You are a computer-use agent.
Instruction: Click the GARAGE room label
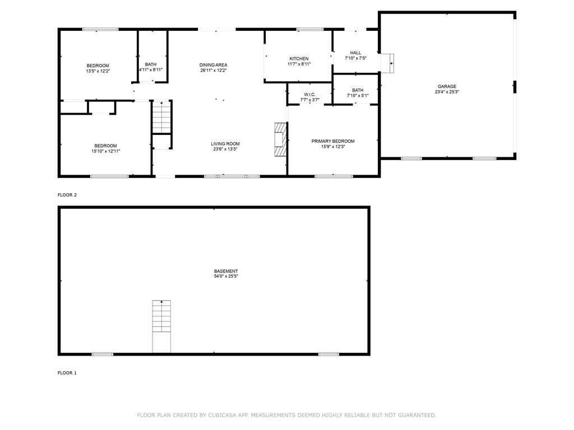point(447,86)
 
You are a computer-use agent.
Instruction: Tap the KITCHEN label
point(299,59)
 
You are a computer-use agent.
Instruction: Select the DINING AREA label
point(213,65)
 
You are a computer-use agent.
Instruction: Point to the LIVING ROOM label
point(225,144)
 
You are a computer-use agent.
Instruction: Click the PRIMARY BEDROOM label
point(333,141)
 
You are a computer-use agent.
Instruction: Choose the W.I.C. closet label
point(309,95)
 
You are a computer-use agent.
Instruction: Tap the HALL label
point(355,53)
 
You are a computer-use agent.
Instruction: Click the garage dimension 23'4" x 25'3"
point(447,92)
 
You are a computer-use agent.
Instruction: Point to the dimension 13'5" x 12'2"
point(98,71)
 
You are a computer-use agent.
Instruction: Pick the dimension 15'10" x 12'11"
point(105,151)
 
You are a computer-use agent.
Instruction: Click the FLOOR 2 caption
point(67,195)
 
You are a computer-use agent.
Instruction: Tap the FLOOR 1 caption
point(67,373)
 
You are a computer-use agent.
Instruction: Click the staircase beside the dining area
point(161,117)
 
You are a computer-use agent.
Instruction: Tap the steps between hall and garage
point(387,63)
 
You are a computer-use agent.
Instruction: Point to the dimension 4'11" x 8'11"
point(151,70)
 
